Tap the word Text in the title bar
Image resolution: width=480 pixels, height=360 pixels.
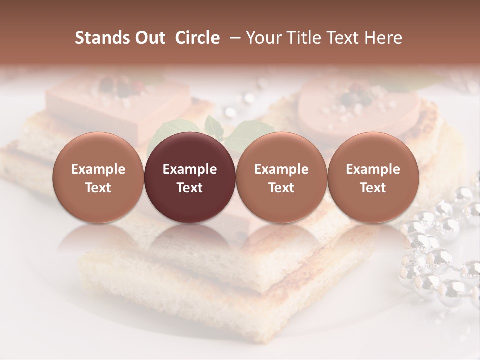344,38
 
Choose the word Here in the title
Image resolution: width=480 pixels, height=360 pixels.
384,38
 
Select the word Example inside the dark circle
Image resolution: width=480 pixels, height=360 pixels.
190,169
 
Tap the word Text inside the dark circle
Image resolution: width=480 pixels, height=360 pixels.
190,188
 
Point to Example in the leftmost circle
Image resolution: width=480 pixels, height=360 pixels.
98,169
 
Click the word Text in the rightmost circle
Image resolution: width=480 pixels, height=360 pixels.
373,188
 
